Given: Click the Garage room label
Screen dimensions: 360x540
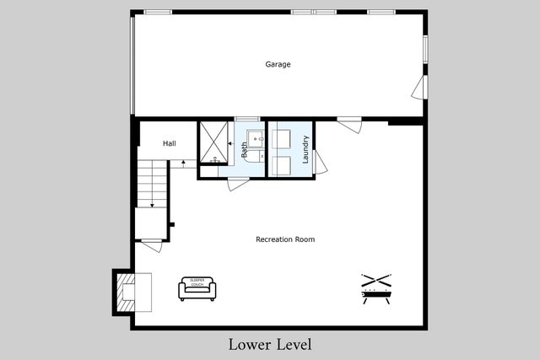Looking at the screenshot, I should tap(278, 64).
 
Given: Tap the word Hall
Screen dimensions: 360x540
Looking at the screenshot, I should tap(169, 143).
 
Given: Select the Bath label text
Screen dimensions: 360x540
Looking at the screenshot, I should tap(246, 150).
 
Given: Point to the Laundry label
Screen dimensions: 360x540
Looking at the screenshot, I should tap(305, 148).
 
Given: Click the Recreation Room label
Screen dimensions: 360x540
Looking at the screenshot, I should tap(285, 239).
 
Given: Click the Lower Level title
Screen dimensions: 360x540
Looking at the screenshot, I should tap(270, 344).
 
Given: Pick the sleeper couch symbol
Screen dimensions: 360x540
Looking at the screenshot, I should tap(197, 288).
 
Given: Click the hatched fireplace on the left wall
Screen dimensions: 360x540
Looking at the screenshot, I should tap(124, 292).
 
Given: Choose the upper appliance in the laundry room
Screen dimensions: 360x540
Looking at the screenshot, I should tap(280, 138).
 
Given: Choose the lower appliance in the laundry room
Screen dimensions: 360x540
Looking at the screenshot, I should tap(280, 164).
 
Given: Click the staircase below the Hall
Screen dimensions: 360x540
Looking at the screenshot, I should tap(152, 185).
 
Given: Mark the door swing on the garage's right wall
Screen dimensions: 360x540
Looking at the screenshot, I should tap(418, 87).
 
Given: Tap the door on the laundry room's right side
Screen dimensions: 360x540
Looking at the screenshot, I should tap(320, 163).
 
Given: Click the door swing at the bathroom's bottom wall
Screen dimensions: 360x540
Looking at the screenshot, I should tap(238, 184).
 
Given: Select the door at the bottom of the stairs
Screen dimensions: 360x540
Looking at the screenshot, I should tap(151, 245).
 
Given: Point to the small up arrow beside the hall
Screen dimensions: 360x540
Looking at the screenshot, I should tap(183, 162).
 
